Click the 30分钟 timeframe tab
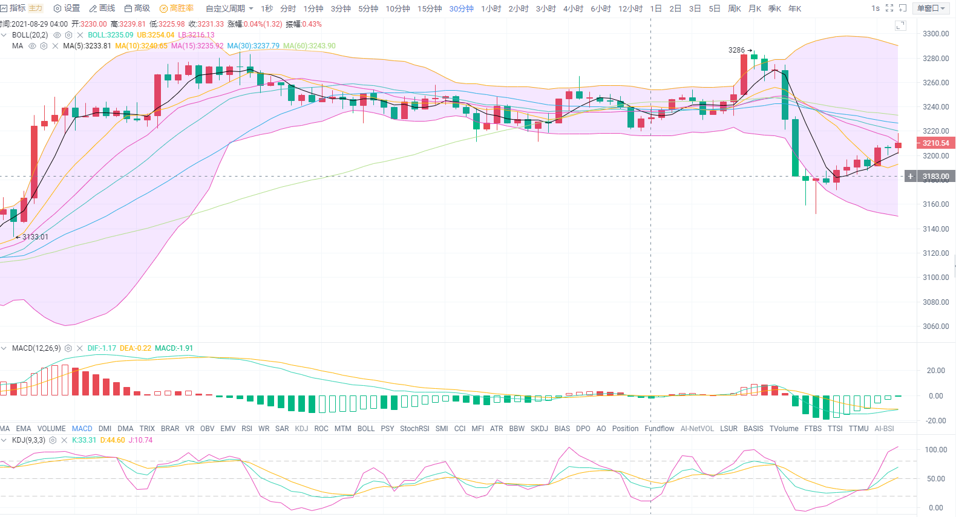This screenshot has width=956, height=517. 461,8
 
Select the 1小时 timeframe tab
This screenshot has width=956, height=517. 491,8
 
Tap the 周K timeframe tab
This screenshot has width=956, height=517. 735,8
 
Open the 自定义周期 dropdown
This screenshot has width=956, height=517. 229,8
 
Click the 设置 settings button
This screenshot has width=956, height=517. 67,8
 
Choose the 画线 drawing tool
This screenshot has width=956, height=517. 102,8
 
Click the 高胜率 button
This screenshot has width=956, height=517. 177,8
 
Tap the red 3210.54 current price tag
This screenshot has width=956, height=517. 935,143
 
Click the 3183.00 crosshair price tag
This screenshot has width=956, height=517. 935,177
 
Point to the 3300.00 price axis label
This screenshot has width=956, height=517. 935,34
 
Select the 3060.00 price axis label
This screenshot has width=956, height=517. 935,327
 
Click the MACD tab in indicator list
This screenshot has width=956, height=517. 82,429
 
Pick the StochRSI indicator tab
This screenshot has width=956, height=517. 414,429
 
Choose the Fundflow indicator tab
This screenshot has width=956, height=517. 659,429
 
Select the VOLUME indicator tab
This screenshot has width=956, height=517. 51,429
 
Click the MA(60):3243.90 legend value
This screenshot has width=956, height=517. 309,46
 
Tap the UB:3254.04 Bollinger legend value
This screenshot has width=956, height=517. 156,35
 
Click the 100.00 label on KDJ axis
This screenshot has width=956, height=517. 936,450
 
